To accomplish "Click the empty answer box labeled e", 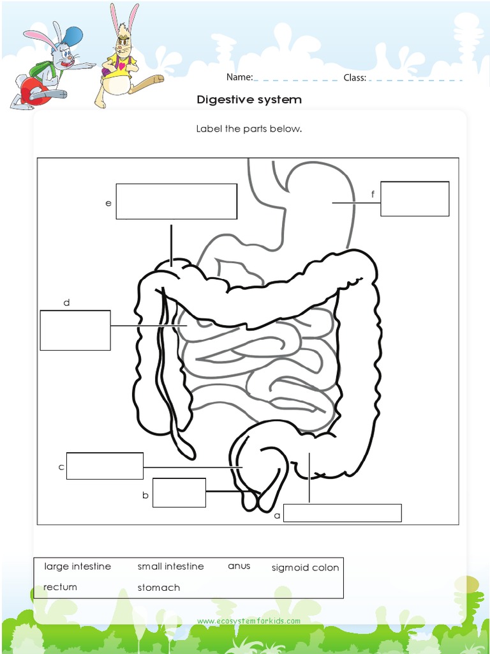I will pyautogui.click(x=176, y=201).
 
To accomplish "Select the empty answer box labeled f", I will pyautogui.click(x=415, y=199).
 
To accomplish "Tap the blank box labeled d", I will pyautogui.click(x=75, y=330).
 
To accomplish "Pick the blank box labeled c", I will pyautogui.click(x=105, y=466).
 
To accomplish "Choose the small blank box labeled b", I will pyautogui.click(x=179, y=492).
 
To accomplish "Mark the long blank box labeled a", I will pyautogui.click(x=342, y=513).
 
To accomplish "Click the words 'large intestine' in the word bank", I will pyautogui.click(x=77, y=567).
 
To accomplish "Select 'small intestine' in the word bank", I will pyautogui.click(x=170, y=567).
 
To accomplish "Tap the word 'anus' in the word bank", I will pyautogui.click(x=239, y=566).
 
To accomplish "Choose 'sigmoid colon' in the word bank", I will pyautogui.click(x=305, y=567).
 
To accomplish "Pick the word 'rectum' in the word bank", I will pyautogui.click(x=60, y=587).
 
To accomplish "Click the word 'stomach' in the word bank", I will pyautogui.click(x=158, y=588).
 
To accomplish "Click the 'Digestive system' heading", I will pyautogui.click(x=249, y=100).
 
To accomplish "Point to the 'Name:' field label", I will pyautogui.click(x=239, y=78).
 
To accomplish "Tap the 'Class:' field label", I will pyautogui.click(x=355, y=78).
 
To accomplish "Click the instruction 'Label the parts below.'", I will pyautogui.click(x=249, y=128).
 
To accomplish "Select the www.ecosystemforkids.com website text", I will pyautogui.click(x=249, y=621).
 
